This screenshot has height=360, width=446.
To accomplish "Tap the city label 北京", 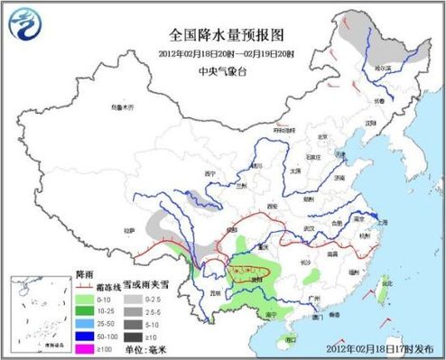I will pos(321,138).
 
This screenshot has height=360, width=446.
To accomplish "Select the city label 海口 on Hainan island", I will pos(290,338).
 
